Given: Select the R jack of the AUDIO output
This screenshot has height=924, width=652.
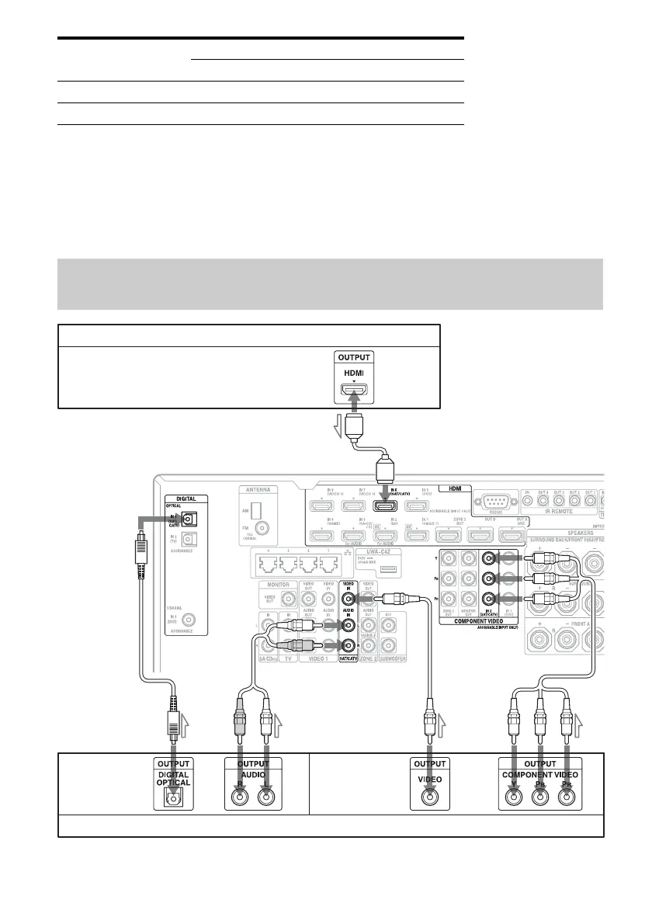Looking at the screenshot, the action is click(x=241, y=795).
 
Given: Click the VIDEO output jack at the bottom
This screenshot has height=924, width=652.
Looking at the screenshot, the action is click(x=429, y=795).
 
